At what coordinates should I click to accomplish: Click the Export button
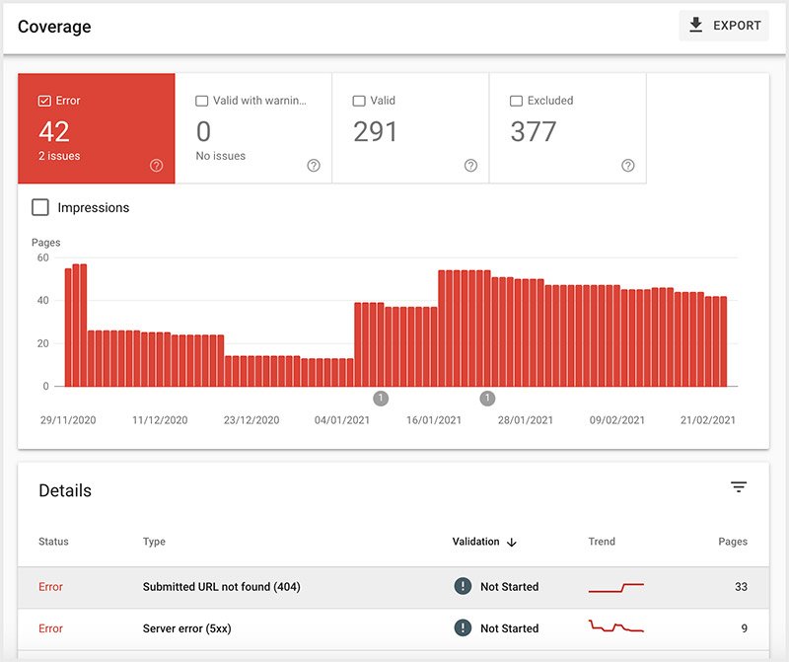[x=724, y=26]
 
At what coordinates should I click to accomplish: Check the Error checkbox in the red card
[x=44, y=101]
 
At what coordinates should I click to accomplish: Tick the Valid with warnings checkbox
[x=202, y=101]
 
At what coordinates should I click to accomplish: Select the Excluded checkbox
[x=516, y=101]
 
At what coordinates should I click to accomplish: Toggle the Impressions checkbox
[x=40, y=207]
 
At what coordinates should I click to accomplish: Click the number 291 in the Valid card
[x=376, y=131]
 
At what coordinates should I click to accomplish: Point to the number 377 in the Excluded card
[x=533, y=131]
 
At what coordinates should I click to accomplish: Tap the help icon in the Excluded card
[x=628, y=166]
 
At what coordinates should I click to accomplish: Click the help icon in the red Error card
[x=156, y=166]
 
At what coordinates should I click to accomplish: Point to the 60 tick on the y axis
[x=42, y=257]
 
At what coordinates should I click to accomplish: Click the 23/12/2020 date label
[x=251, y=420]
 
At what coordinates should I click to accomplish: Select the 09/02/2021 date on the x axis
[x=617, y=420]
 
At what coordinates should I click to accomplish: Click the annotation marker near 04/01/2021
[x=381, y=399]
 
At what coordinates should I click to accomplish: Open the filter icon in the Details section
[x=739, y=487]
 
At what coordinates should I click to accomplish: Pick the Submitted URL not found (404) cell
[x=221, y=587]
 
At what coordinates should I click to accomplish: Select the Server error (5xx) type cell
[x=188, y=628]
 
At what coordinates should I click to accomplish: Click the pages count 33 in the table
[x=740, y=587]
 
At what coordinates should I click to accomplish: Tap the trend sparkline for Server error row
[x=615, y=626]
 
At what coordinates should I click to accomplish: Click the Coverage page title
[x=54, y=27]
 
